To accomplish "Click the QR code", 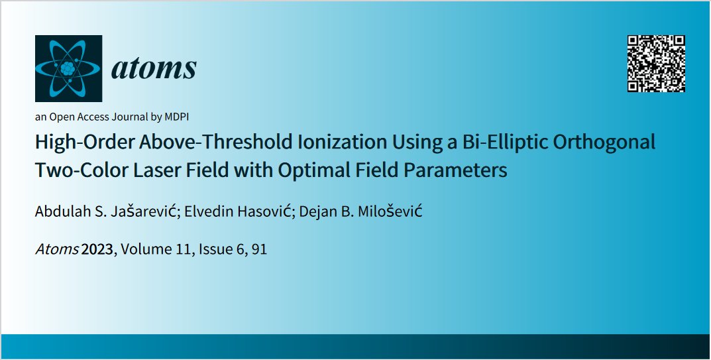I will click(x=655, y=62).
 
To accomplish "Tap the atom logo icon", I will click(x=68, y=68).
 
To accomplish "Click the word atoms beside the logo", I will click(x=154, y=68).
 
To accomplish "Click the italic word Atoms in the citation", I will click(x=57, y=251).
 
